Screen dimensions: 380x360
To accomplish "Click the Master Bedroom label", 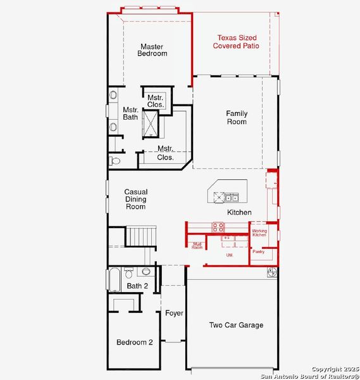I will (152, 50).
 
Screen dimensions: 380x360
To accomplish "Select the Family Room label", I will (237, 117).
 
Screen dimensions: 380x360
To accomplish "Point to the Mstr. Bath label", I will (130, 113).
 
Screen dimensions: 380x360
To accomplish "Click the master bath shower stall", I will (152, 123).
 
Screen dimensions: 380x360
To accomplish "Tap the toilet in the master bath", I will (114, 161).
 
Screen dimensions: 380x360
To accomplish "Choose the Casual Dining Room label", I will (135, 199).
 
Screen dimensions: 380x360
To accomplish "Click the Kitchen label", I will (239, 212).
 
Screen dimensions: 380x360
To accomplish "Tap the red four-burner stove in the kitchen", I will (218, 227).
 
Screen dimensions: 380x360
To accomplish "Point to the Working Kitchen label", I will (259, 233).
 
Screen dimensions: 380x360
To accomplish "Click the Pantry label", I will (258, 251).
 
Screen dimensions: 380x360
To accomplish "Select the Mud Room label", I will (197, 245).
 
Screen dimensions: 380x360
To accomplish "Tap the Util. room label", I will (230, 255).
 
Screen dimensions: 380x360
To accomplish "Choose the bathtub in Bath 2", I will (115, 279).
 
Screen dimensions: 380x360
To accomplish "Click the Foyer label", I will (174, 313).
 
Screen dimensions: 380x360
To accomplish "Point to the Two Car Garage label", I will (236, 325).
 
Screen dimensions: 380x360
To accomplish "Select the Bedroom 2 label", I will (134, 342).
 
